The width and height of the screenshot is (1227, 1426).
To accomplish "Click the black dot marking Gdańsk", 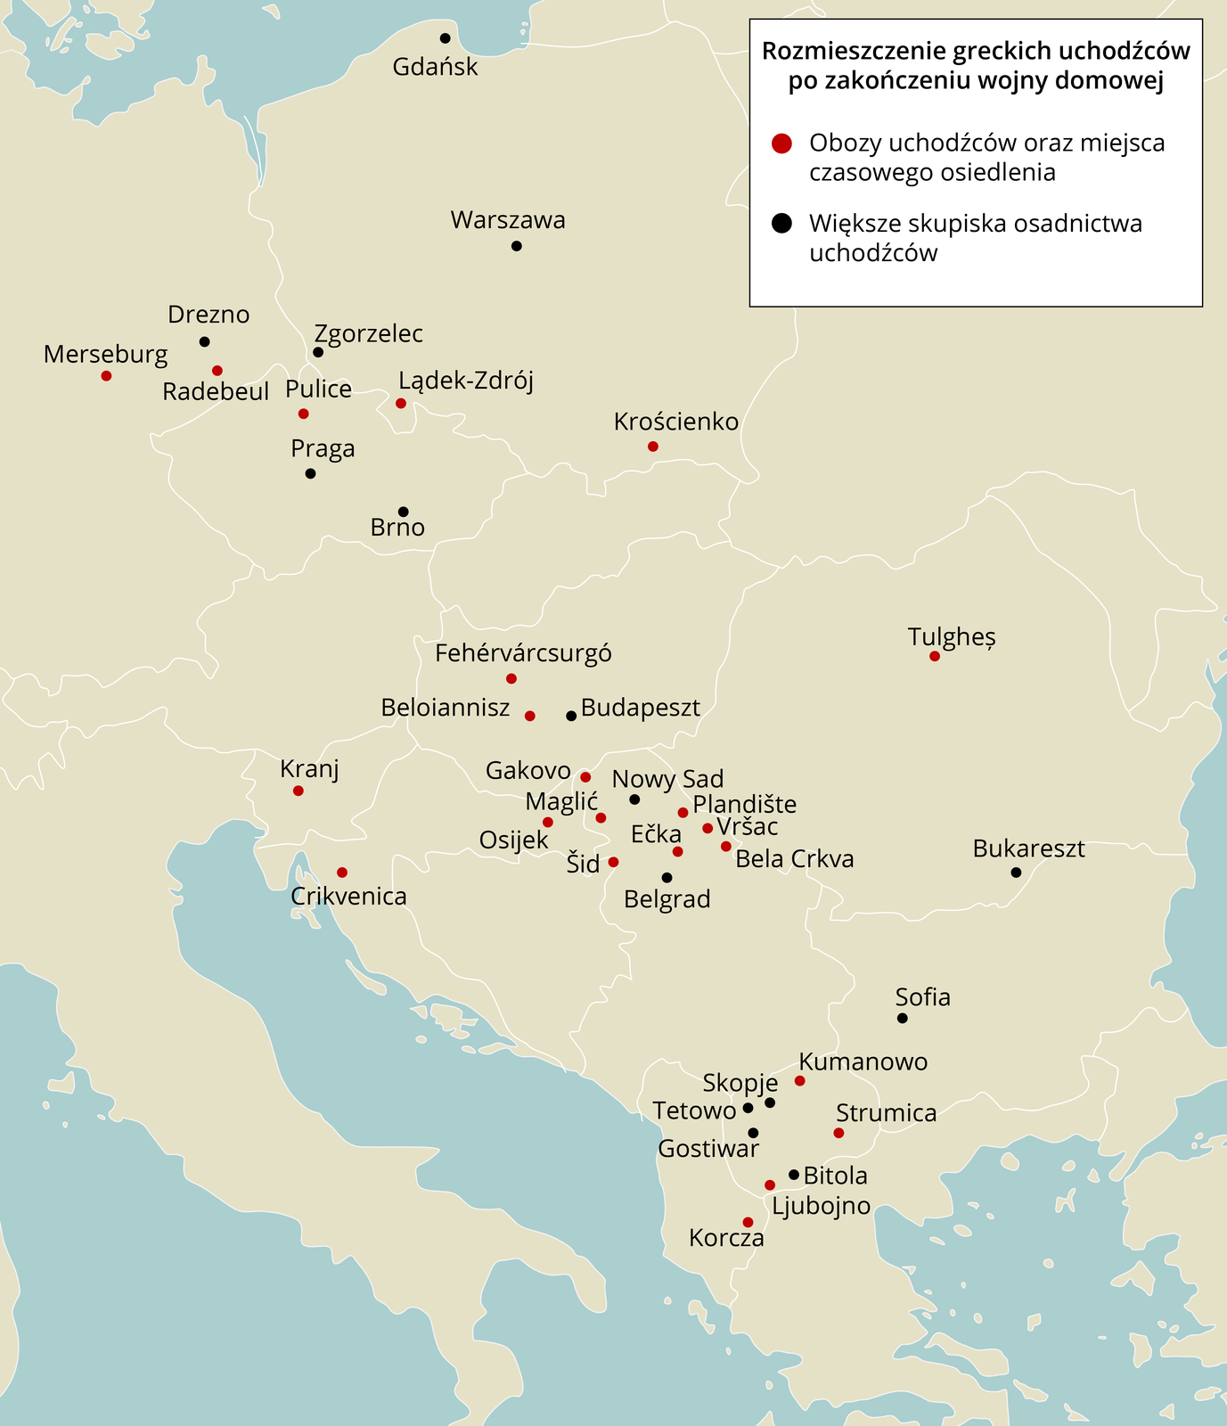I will pyautogui.click(x=445, y=38).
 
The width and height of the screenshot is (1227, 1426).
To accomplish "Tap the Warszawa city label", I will pyautogui.click(x=508, y=220).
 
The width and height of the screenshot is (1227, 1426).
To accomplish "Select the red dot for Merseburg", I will pyautogui.click(x=106, y=376).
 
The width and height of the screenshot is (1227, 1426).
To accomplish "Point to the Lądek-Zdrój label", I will pyautogui.click(x=465, y=381).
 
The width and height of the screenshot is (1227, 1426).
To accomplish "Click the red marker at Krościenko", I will pyautogui.click(x=652, y=447).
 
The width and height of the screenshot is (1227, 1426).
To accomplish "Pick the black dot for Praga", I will pyautogui.click(x=310, y=473).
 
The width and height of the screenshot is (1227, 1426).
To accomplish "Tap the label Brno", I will pyautogui.click(x=397, y=528).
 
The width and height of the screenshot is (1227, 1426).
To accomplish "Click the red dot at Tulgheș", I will pyautogui.click(x=934, y=656).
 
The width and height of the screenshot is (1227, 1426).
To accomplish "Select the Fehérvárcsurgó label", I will pyautogui.click(x=523, y=653).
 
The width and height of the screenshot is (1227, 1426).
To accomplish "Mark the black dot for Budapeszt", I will pyautogui.click(x=571, y=716).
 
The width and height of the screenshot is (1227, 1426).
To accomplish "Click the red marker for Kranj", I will pyautogui.click(x=299, y=791).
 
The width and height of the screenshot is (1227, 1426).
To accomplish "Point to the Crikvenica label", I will pyautogui.click(x=348, y=897).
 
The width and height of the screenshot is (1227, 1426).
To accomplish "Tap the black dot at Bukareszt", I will pyautogui.click(x=1016, y=872).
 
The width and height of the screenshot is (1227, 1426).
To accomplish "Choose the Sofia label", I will pyautogui.click(x=922, y=997).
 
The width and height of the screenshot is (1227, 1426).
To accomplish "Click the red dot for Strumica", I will pyautogui.click(x=838, y=1133).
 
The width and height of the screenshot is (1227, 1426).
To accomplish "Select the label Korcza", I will pyautogui.click(x=726, y=1238).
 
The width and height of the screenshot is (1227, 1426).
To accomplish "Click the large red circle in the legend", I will pyautogui.click(x=781, y=143).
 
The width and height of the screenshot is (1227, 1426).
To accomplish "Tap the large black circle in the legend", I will pyautogui.click(x=781, y=224).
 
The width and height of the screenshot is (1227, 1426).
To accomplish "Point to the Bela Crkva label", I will pyautogui.click(x=794, y=859).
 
